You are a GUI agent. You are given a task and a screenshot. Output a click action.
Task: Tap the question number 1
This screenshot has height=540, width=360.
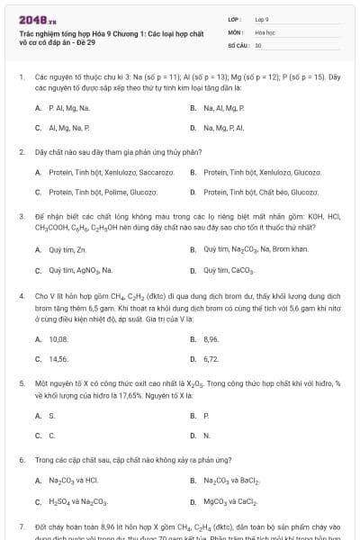21,77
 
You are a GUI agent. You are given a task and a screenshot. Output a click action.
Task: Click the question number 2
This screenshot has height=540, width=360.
21,152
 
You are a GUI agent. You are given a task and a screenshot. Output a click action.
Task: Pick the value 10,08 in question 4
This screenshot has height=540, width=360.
58,338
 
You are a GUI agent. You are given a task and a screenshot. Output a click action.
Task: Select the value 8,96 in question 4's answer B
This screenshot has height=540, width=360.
211,338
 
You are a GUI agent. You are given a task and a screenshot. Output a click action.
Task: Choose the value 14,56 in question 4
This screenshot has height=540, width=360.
58,358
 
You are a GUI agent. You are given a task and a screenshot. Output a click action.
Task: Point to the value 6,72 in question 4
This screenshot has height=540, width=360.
211,358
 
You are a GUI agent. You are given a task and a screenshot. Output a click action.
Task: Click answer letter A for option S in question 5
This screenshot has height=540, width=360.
38,416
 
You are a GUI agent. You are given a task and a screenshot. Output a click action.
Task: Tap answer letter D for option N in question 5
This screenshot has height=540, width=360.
193,436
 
